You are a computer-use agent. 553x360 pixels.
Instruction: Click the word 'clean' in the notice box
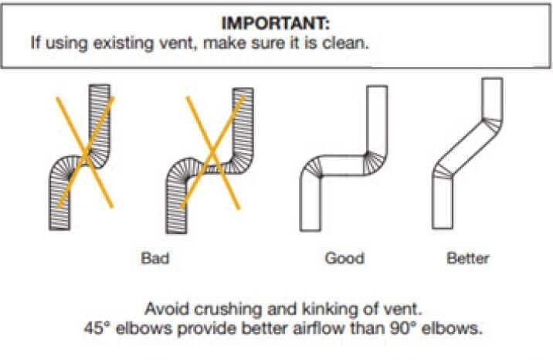tap(348, 42)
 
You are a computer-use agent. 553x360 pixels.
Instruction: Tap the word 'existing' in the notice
tap(104, 42)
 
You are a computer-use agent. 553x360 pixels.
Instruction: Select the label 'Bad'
tap(154, 257)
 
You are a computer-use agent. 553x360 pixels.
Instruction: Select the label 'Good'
tap(344, 257)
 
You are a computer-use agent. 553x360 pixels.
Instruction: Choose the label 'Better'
tap(467, 257)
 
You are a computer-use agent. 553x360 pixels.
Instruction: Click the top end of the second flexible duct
tap(244, 89)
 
